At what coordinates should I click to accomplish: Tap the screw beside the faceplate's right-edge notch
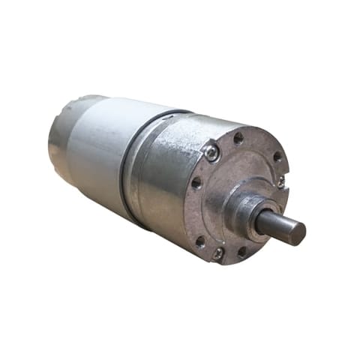click(x=281, y=181)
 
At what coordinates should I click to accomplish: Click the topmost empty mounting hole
click(x=238, y=138)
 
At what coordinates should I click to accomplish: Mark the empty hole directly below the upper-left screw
click(x=196, y=182)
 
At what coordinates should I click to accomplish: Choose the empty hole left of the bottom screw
click(x=199, y=241)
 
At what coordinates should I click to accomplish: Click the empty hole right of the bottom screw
click(x=241, y=251)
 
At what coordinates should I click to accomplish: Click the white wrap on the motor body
click(x=97, y=150)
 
